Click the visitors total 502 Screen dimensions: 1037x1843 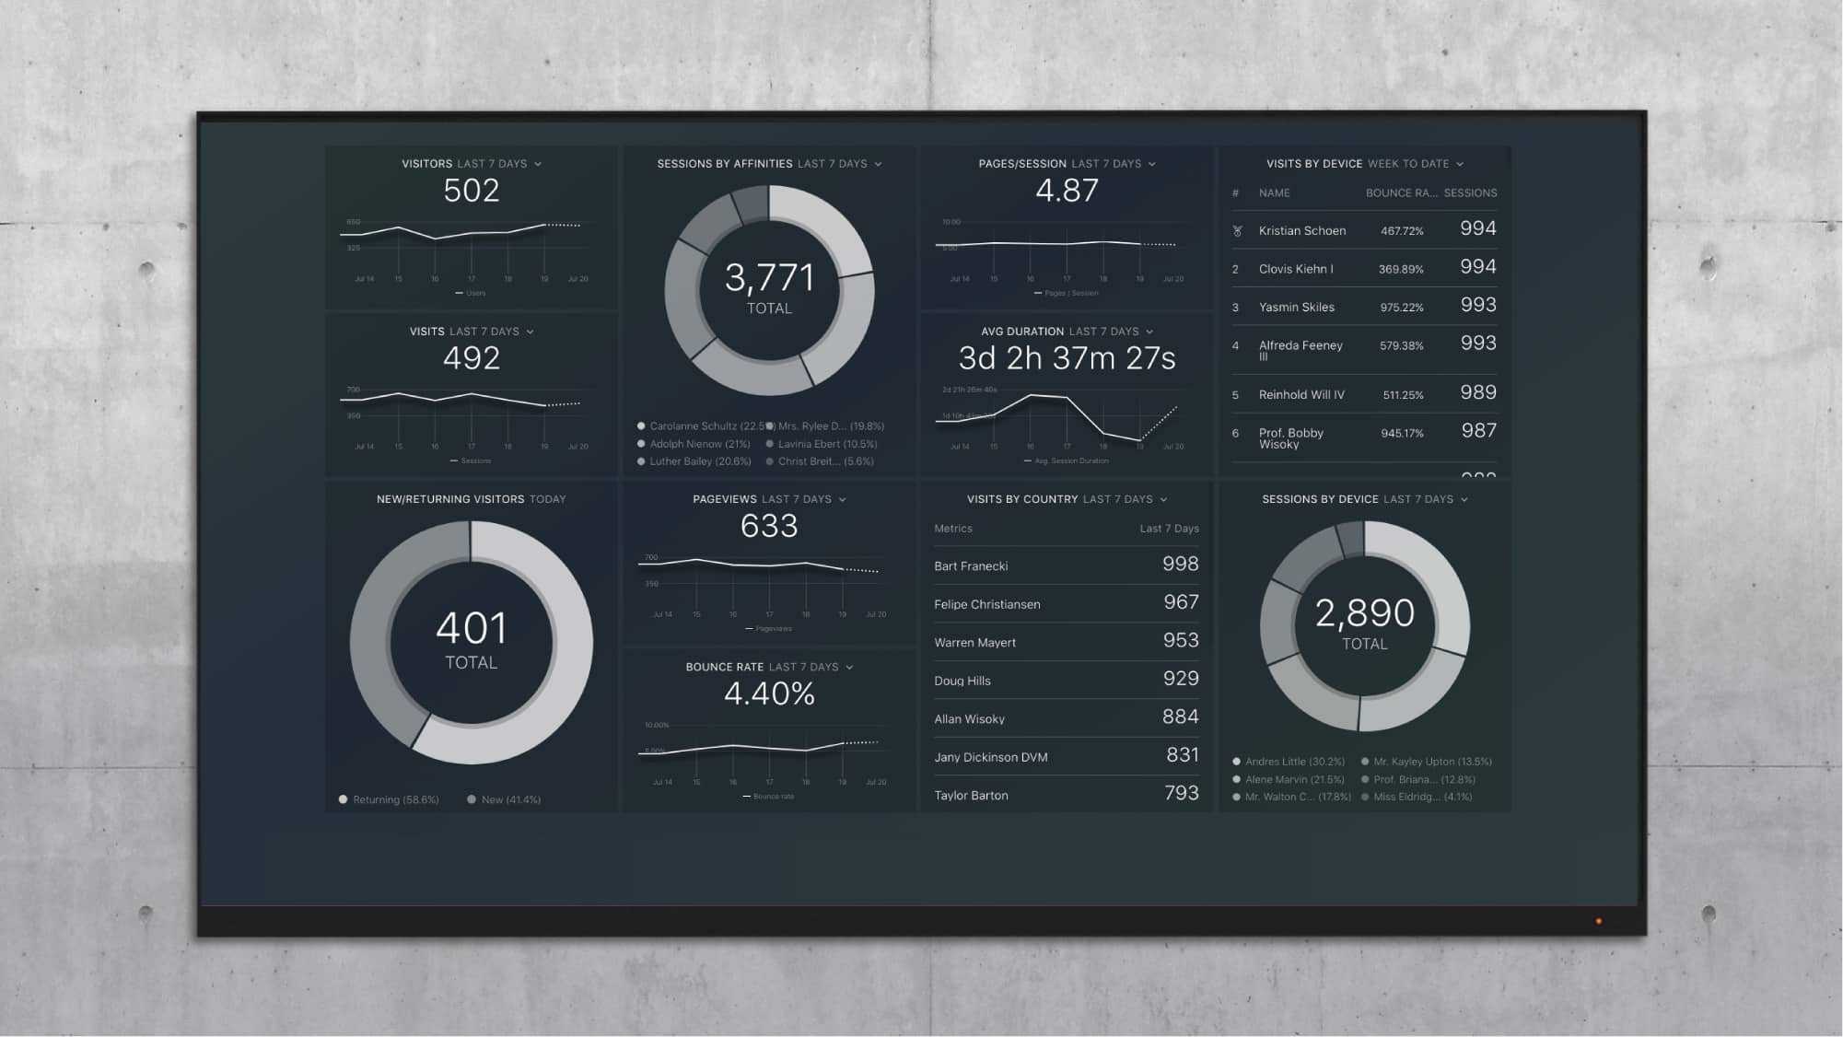(x=471, y=191)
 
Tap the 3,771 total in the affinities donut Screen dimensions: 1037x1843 (x=769, y=278)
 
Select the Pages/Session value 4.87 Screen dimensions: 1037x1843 (x=1067, y=191)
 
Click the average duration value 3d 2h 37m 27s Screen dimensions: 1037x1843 (x=1067, y=358)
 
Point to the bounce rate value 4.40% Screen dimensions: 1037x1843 (x=769, y=693)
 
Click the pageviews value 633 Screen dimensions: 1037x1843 (x=769, y=526)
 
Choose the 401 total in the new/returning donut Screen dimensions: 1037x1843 (x=471, y=629)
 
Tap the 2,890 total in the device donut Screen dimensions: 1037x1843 (x=1364, y=613)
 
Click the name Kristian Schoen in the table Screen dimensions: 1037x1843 (x=1301, y=231)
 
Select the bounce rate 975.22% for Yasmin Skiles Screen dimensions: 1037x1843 (x=1401, y=308)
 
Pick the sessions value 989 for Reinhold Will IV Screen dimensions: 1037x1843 (x=1477, y=393)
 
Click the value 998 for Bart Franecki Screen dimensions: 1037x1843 (x=1180, y=565)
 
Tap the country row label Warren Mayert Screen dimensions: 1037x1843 (x=974, y=643)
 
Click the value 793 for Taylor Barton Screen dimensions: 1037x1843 (x=1180, y=794)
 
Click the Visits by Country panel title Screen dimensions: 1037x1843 (x=1021, y=499)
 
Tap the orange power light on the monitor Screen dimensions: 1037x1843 (x=1598, y=921)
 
